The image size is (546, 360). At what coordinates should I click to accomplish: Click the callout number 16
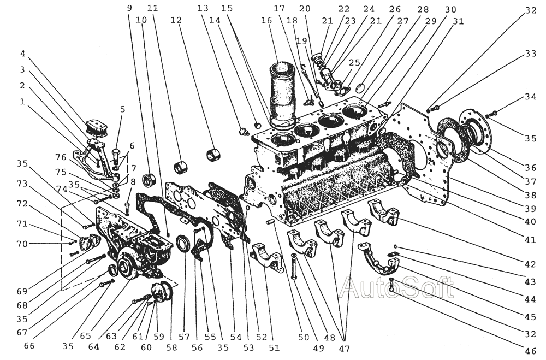(x=266, y=20)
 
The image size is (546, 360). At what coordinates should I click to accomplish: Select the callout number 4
(x=22, y=54)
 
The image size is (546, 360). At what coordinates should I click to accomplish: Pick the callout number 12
(x=175, y=20)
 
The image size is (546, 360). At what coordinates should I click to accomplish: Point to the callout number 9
(x=129, y=9)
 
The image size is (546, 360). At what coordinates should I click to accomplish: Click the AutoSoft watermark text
(x=396, y=288)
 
